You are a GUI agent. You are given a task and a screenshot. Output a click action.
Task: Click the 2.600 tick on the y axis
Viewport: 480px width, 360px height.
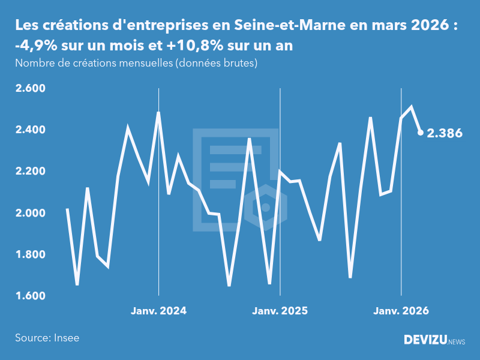pos(30,89)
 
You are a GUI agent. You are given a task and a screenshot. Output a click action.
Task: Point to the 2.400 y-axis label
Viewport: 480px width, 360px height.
pos(30,130)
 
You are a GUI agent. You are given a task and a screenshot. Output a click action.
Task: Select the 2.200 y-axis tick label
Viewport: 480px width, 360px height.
pos(30,172)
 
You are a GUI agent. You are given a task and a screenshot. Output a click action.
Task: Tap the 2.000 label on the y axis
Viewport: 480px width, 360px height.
pos(30,213)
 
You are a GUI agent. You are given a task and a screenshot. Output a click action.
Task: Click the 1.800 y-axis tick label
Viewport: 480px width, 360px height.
pos(30,254)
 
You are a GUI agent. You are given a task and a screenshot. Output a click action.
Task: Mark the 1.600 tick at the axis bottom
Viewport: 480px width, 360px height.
pos(30,296)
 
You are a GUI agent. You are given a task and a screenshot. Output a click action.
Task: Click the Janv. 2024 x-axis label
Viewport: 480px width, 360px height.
pos(158,311)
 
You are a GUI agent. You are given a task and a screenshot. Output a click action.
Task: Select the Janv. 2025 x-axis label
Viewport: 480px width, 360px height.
pos(280,311)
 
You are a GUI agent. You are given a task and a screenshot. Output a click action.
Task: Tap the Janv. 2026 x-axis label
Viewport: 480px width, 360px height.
pos(401,311)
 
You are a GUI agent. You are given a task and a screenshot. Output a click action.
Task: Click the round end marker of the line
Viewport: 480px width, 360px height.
pos(421,133)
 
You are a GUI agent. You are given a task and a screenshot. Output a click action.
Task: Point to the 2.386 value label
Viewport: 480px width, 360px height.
pos(444,133)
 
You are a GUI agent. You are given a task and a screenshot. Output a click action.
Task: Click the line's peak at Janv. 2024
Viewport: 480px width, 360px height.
pos(158,112)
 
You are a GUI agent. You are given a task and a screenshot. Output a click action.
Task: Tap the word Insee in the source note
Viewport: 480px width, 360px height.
pos(66,338)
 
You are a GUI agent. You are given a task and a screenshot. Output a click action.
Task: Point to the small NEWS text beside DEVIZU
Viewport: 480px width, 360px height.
pos(457,342)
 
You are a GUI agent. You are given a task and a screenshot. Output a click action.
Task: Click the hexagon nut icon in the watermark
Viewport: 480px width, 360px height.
pos(265,207)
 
